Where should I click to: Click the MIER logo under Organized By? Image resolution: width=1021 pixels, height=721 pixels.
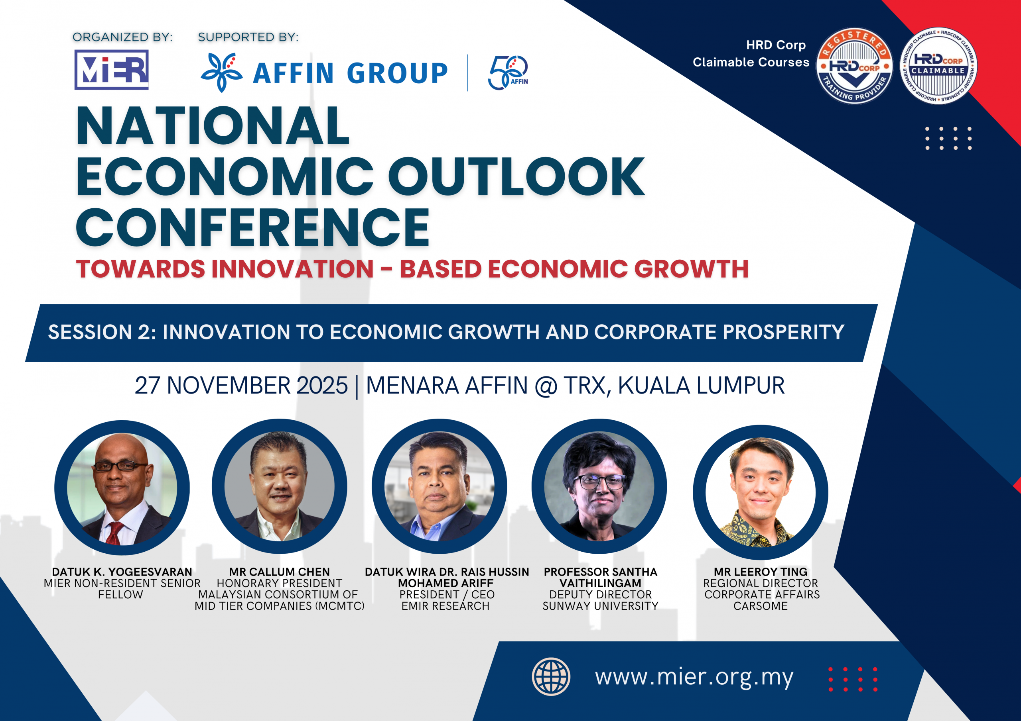pyautogui.click(x=112, y=70)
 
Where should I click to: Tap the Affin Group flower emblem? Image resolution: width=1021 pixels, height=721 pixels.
pyautogui.click(x=221, y=72)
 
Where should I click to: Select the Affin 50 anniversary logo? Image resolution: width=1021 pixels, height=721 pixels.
pyautogui.click(x=508, y=72)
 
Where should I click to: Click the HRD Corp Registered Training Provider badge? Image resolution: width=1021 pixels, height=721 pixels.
pyautogui.click(x=854, y=66)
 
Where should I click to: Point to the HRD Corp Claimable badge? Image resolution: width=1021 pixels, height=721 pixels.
pyautogui.click(x=938, y=66)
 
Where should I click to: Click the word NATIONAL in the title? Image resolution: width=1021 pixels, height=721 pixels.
pyautogui.click(x=213, y=126)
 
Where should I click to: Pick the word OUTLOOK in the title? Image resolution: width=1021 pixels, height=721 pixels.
pyautogui.click(x=517, y=177)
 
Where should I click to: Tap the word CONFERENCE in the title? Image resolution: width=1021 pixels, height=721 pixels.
pyautogui.click(x=252, y=227)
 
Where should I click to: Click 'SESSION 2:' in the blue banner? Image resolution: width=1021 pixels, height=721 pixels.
pyautogui.click(x=102, y=332)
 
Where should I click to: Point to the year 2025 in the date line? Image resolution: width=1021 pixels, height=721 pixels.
pyautogui.click(x=322, y=385)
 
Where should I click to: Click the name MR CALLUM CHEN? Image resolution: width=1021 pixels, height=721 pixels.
pyautogui.click(x=279, y=572)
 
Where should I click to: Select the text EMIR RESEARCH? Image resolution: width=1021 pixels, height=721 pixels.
pyautogui.click(x=445, y=606)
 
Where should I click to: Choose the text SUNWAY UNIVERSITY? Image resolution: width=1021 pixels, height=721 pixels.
pyautogui.click(x=600, y=606)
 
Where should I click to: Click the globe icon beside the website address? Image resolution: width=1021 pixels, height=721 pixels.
pyautogui.click(x=551, y=676)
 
